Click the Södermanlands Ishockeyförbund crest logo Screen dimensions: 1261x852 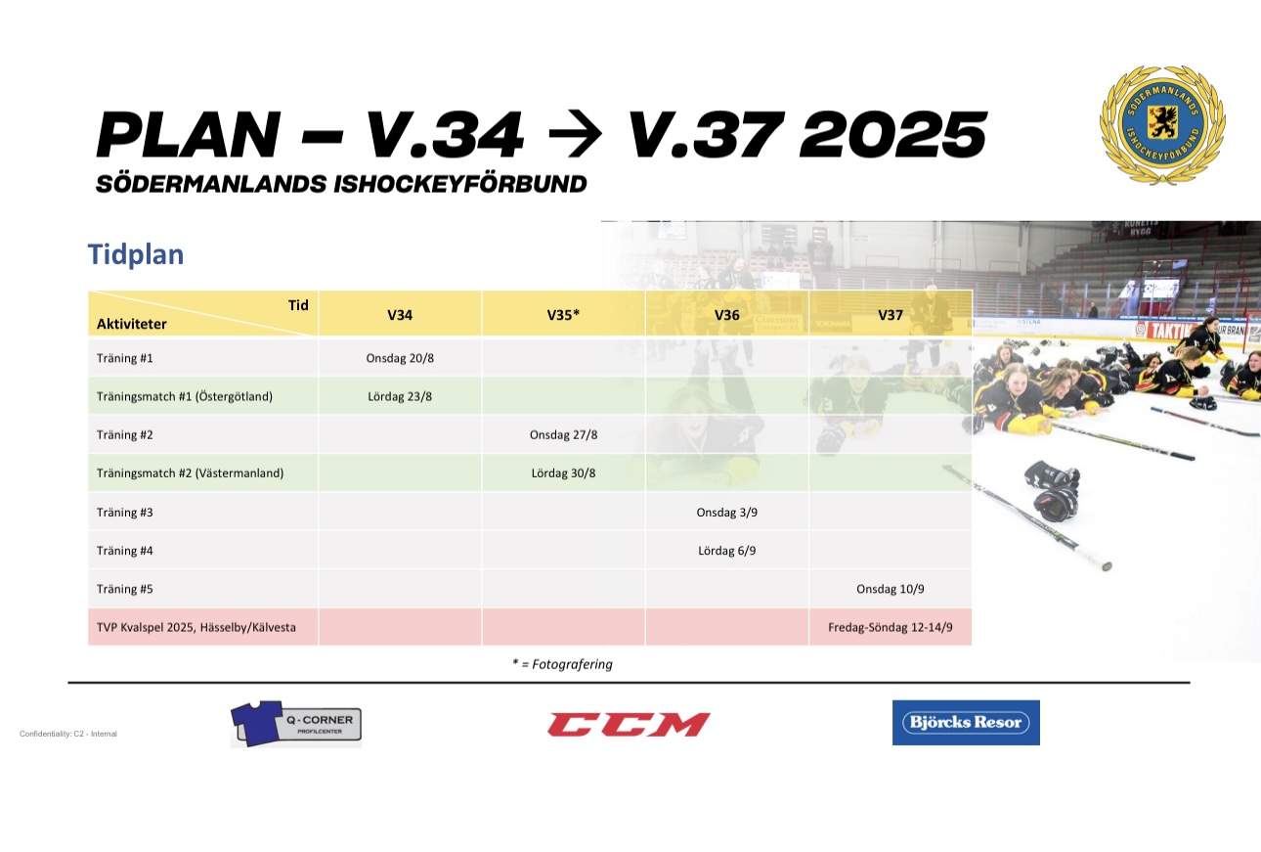[x=1162, y=125]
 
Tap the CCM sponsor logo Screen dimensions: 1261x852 [x=629, y=724]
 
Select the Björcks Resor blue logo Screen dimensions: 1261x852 [x=966, y=723]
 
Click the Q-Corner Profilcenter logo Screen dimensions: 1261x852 [x=296, y=724]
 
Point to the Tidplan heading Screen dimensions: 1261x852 [x=136, y=254]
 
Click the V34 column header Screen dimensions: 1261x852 [x=400, y=315]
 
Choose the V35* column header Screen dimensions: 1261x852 [x=563, y=315]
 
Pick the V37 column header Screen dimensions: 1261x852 [x=890, y=315]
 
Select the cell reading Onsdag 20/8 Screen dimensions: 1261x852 [x=400, y=358]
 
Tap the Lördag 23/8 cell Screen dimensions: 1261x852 [x=400, y=396]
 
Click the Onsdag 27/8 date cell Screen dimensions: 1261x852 [x=563, y=434]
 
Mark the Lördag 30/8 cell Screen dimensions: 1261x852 [x=563, y=472]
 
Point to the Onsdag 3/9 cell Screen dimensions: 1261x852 [x=726, y=513]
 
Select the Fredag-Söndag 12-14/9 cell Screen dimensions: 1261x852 [x=890, y=627]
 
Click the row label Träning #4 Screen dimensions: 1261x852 [x=124, y=551]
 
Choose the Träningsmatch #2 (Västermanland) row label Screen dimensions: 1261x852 [x=190, y=472]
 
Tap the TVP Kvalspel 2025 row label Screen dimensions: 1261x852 [x=196, y=627]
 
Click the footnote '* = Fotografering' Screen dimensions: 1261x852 [x=562, y=664]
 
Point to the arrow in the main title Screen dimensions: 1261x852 [x=575, y=134]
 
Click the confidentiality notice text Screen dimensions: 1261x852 [x=68, y=734]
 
